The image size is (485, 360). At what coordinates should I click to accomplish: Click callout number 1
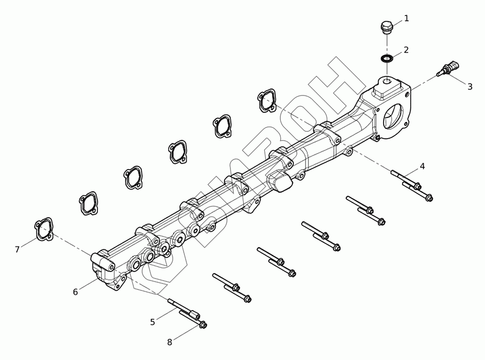(406, 18)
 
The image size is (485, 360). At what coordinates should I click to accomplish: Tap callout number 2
(406, 50)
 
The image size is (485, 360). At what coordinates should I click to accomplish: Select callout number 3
(470, 87)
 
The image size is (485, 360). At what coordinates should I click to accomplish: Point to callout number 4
(422, 166)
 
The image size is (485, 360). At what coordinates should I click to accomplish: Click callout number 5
(152, 322)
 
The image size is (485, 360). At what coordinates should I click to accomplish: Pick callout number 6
(76, 292)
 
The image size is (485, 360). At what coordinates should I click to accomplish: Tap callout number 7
(17, 249)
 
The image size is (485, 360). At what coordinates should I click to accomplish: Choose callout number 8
(169, 343)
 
